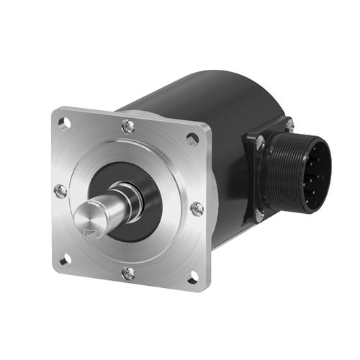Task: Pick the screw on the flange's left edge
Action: coord(60,192)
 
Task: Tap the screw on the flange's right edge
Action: coord(197,209)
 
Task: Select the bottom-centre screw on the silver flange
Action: coord(128,273)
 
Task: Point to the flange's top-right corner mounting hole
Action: coord(194,139)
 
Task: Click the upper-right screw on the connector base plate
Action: coord(289,126)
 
